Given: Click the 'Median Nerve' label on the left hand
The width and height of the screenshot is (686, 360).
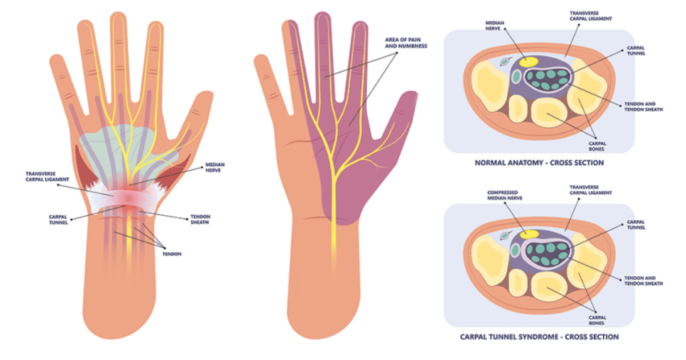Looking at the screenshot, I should point(216,165).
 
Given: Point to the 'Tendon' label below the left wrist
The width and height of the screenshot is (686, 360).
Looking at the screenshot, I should point(172,253).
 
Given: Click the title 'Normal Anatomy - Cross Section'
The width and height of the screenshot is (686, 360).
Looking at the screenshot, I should point(539,163).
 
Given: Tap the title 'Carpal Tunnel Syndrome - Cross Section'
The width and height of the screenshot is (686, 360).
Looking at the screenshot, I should point(538,337).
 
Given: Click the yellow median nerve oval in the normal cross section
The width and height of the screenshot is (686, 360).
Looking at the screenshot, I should point(529,62).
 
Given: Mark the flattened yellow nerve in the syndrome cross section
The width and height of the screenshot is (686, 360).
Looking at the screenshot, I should point(528,234).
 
